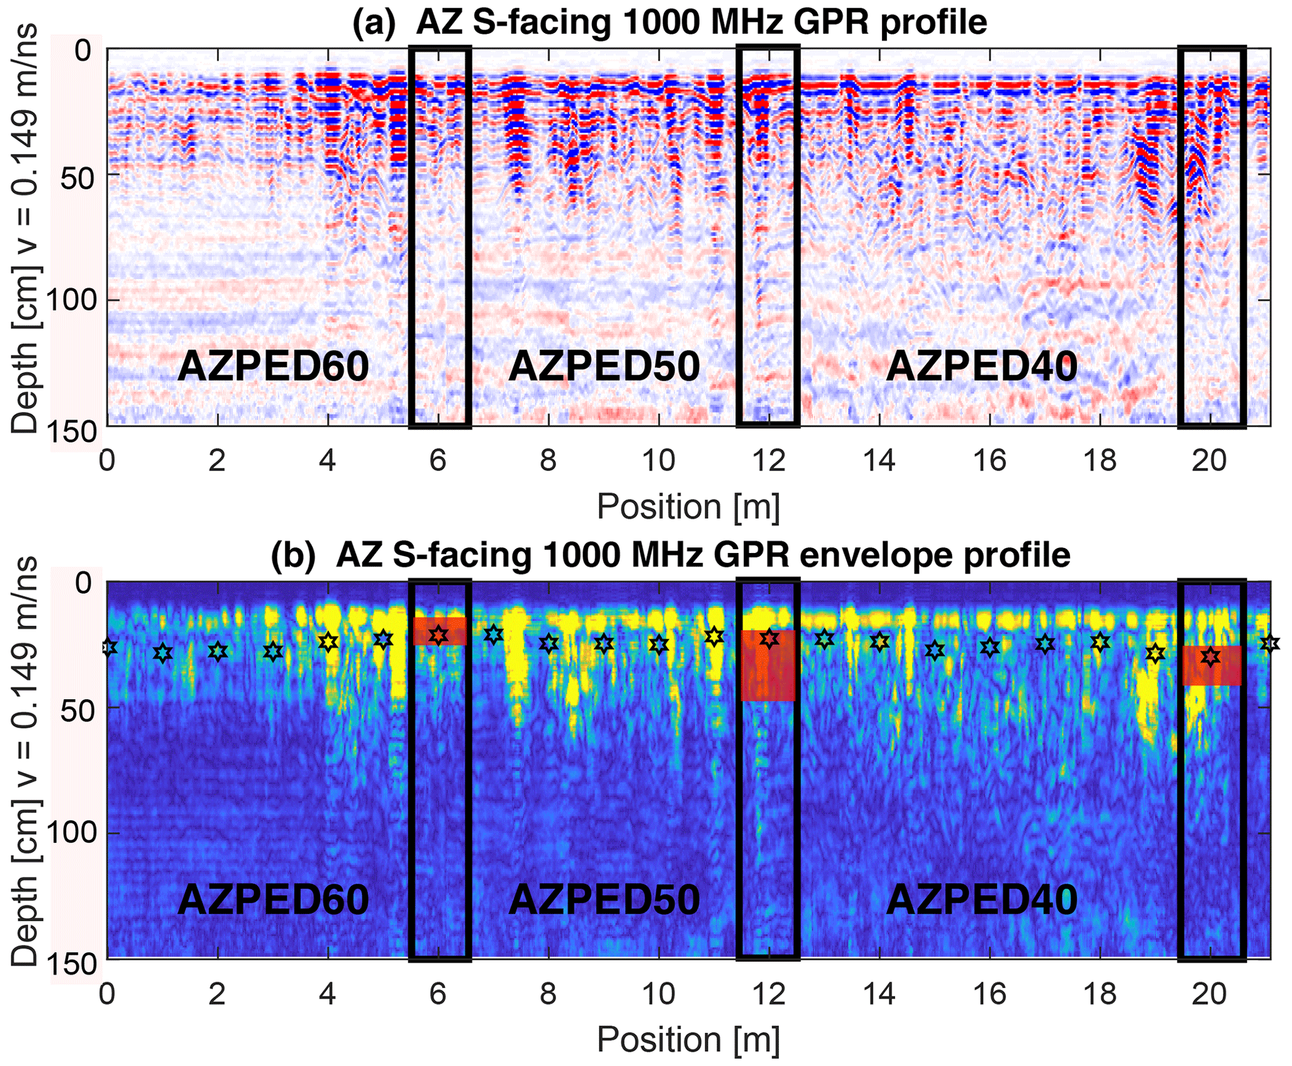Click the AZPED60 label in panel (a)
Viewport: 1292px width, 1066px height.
tap(273, 366)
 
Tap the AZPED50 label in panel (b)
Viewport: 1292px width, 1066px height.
tap(604, 900)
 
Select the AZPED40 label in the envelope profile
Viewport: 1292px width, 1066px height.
tap(982, 900)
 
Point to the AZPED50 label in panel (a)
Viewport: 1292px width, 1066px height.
tap(604, 366)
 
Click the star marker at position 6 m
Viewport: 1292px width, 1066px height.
tap(439, 635)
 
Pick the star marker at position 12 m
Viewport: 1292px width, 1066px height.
tap(769, 639)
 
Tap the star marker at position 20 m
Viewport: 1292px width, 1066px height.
tap(1211, 657)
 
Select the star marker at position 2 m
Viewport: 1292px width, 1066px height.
tap(218, 651)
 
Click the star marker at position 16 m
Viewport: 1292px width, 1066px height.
tap(989, 647)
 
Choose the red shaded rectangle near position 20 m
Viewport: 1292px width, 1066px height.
tap(1212, 666)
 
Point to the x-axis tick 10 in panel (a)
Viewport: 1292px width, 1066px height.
tap(659, 461)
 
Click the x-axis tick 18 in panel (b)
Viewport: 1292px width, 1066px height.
tap(1100, 994)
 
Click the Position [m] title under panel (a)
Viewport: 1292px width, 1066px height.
tap(688, 506)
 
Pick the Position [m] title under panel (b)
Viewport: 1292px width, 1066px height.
tap(688, 1040)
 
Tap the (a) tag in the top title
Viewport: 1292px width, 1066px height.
tap(374, 22)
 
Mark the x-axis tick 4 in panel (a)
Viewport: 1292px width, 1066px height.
tap(328, 461)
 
